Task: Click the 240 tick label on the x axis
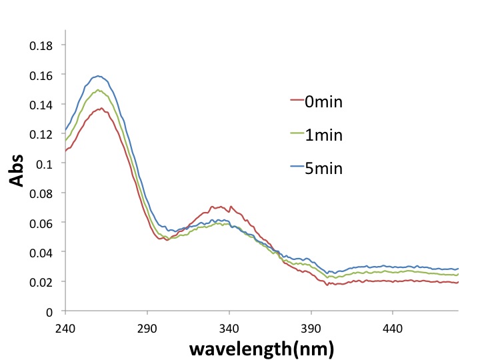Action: [65, 327]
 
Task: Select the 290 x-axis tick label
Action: [147, 327]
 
